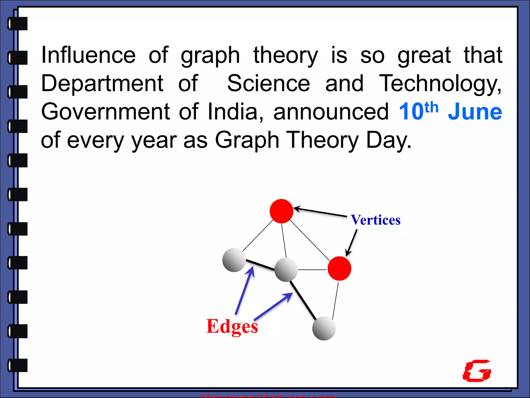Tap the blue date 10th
[x=418, y=111]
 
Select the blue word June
[x=475, y=112]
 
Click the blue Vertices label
[x=376, y=220]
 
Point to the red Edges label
[x=232, y=326]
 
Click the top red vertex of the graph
[x=281, y=211]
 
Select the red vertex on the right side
[x=339, y=268]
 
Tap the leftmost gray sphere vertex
[x=234, y=260]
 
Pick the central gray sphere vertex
[x=286, y=270]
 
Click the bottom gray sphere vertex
[x=324, y=328]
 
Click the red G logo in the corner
[x=477, y=371]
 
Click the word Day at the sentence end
[x=388, y=140]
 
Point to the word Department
[x=102, y=83]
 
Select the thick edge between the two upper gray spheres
[x=260, y=265]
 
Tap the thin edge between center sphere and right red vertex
[x=312, y=270]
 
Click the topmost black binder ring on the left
[x=18, y=24]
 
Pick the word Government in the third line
[x=106, y=112]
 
